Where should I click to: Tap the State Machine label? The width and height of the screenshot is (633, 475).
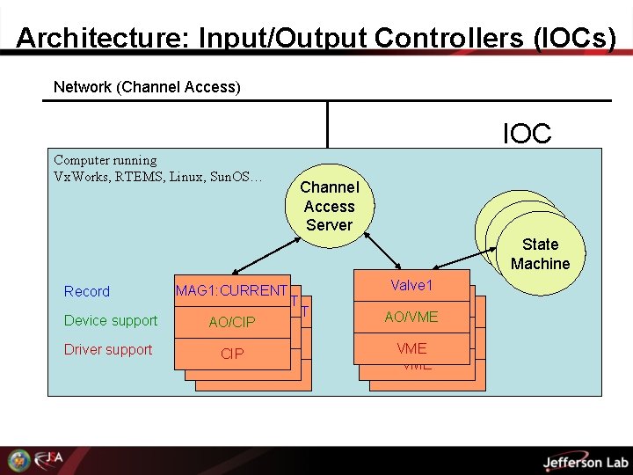[x=540, y=254]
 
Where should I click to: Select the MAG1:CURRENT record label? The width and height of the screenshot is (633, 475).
[x=231, y=290]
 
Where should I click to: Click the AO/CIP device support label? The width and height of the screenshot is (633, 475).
[x=232, y=322]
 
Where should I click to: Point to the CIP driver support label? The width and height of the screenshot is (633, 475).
[x=232, y=354]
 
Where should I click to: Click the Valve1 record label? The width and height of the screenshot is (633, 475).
[x=411, y=286]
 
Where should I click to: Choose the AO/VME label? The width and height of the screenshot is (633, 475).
[x=411, y=317]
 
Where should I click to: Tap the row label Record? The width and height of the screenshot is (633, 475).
[x=87, y=291]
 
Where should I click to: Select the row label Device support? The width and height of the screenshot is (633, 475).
[x=111, y=320]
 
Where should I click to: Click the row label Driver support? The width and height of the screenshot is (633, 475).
[x=108, y=349]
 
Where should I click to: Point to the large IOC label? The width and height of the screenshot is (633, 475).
[x=527, y=134]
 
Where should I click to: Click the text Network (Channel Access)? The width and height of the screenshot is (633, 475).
[x=147, y=86]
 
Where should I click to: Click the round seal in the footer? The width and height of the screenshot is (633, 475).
[x=18, y=460]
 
